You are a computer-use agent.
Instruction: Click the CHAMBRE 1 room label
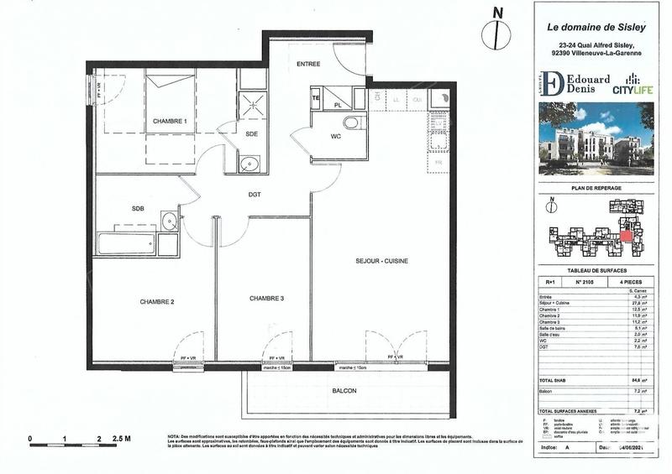point(170,122)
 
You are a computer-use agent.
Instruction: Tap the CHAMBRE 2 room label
point(156,302)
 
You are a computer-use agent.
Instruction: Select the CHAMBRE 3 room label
point(266,298)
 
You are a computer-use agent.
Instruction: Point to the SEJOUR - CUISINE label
point(381,262)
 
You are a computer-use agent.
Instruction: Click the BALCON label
point(344,392)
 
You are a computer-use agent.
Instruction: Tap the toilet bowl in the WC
point(351,124)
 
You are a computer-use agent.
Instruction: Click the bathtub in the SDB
point(126,245)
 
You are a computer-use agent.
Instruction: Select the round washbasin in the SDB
point(169,223)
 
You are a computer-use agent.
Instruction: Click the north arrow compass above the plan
point(498,33)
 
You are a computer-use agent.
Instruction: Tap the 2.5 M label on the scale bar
point(122,439)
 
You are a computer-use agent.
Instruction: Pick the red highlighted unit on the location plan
point(626,237)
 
